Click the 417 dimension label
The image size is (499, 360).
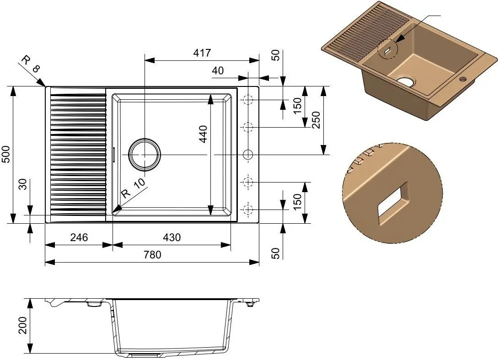(202, 53)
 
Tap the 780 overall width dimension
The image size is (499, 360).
(152, 255)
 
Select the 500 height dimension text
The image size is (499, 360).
(6, 154)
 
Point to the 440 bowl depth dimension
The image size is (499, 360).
(203, 134)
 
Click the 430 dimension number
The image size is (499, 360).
(172, 237)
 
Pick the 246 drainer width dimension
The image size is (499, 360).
(79, 237)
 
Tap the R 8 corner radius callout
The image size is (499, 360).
(31, 64)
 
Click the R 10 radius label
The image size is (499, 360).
(133, 188)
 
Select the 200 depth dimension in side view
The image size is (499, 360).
(23, 325)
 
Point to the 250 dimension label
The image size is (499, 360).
(316, 120)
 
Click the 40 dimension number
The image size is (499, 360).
(218, 70)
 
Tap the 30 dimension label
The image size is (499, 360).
(23, 184)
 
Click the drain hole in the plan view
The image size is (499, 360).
(145, 155)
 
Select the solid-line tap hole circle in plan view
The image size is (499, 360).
(248, 155)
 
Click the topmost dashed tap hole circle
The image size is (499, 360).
(248, 100)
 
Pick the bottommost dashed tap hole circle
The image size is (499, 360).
(248, 210)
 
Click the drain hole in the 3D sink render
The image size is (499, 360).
(407, 82)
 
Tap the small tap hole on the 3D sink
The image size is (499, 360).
(463, 78)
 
